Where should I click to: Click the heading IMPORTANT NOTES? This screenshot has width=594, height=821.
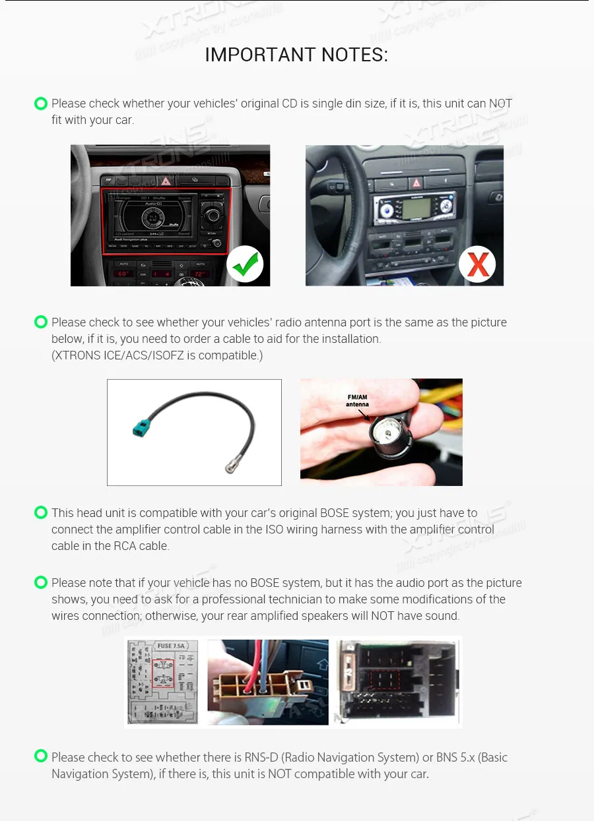(x=296, y=55)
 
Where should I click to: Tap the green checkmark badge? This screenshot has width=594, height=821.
(x=245, y=264)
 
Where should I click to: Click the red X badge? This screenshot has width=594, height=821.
(x=477, y=264)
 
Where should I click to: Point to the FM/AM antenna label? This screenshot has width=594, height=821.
(x=357, y=400)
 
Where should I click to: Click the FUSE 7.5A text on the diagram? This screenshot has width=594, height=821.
(x=171, y=646)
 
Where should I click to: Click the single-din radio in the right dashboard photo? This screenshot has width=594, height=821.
(x=413, y=210)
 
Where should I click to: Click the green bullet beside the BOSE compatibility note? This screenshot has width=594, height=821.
(x=41, y=512)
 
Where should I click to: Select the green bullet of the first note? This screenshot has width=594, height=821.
(x=41, y=104)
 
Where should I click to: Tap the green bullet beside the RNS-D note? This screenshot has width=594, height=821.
(x=41, y=756)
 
